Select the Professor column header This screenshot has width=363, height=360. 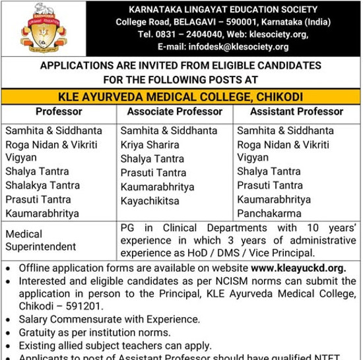(x=59, y=112)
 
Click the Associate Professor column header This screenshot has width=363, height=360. (x=175, y=112)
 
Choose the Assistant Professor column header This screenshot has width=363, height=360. (x=296, y=112)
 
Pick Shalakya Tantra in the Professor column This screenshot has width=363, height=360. (x=42, y=185)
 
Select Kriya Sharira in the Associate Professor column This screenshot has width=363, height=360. (x=150, y=144)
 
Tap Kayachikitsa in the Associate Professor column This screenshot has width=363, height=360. (x=150, y=200)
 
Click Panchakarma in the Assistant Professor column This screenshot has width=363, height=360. (x=269, y=214)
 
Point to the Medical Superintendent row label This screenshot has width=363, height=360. (x=41, y=241)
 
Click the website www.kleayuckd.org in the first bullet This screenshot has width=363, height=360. (x=298, y=268)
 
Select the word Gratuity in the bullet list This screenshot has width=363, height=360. (x=39, y=332)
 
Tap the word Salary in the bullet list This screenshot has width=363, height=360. (x=36, y=319)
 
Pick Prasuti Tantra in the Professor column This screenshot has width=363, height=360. (x=38, y=199)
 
